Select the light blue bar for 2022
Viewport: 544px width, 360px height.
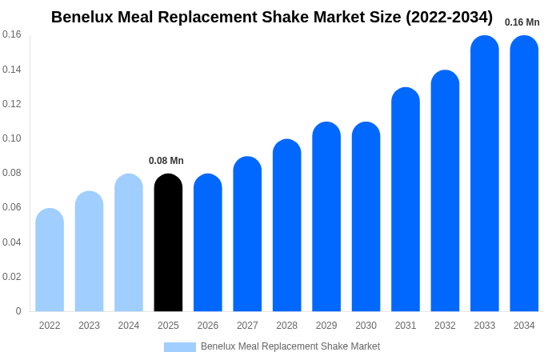point(50,260)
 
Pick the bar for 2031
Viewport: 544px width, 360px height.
point(406,199)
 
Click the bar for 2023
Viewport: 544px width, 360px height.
point(89,251)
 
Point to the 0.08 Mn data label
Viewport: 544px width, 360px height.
point(166,161)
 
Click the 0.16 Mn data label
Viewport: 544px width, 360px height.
point(522,22)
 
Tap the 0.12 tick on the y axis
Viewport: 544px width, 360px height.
point(12,104)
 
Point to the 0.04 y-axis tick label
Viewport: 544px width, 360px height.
point(12,242)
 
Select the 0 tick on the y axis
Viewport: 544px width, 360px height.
point(18,311)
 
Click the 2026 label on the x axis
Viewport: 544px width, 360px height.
point(208,326)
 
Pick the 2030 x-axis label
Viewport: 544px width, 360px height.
point(366,326)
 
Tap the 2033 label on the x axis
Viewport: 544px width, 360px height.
point(485,326)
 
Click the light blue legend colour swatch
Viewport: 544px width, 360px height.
point(180,346)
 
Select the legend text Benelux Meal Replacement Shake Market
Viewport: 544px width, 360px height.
point(290,346)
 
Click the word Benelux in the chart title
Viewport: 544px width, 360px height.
point(84,17)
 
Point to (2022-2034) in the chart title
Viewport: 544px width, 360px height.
point(449,17)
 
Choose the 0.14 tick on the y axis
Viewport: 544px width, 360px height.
point(12,70)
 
